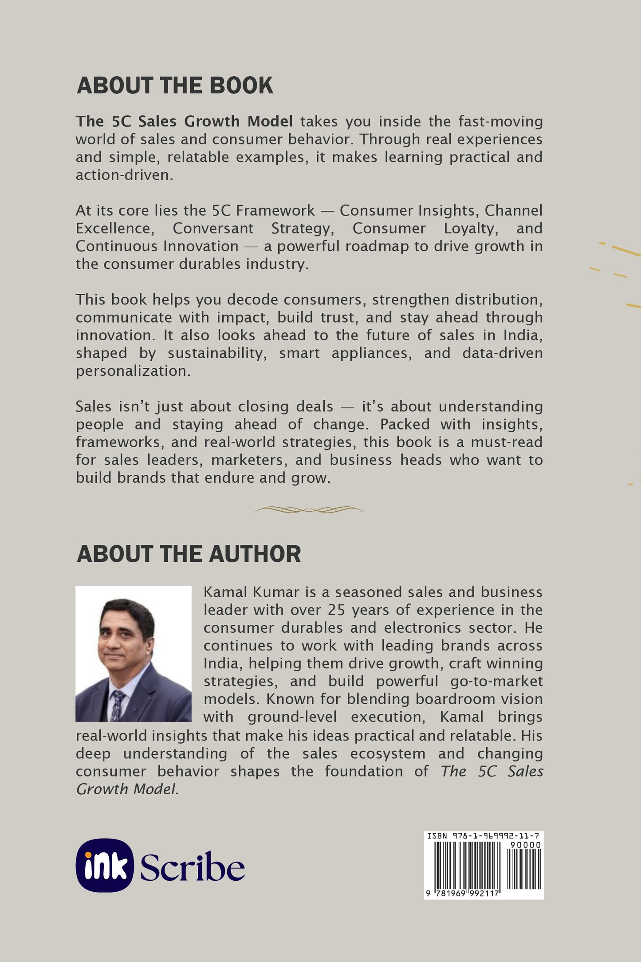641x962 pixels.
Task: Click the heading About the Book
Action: pos(175,85)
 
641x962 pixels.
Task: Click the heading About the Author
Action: pos(189,554)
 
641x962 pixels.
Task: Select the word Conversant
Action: pos(213,228)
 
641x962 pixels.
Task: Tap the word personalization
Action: pos(133,371)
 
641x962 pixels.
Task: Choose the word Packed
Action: pos(405,424)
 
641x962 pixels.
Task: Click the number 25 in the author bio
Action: pos(337,610)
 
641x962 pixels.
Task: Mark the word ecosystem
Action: pos(388,753)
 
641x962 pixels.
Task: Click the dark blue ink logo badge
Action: pos(105,865)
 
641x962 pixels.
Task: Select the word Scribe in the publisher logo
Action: pos(193,867)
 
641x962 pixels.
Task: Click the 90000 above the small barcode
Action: pos(526,845)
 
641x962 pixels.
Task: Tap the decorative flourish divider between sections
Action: pos(309,510)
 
